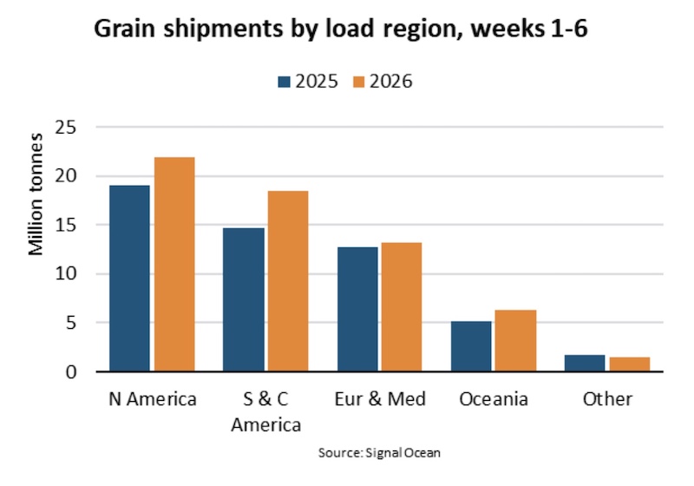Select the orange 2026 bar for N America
[174, 265]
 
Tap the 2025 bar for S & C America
[244, 300]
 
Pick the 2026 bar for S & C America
[288, 281]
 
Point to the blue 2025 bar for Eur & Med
[357, 309]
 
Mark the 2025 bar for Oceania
[471, 346]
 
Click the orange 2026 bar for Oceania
[515, 341]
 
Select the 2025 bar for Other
[585, 363]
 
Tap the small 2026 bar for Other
[629, 364]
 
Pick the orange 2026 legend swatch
[359, 82]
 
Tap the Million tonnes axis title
[36, 194]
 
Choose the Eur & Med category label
[380, 399]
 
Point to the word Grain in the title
[124, 29]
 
